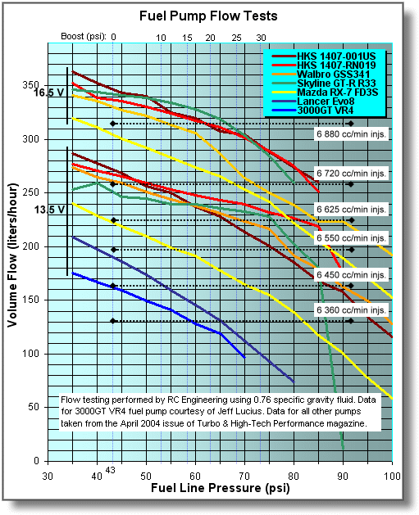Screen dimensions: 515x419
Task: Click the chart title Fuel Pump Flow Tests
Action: [208, 16]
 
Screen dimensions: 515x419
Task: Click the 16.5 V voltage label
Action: [48, 93]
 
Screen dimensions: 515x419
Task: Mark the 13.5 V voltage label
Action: [48, 210]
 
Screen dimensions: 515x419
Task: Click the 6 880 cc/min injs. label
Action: [350, 133]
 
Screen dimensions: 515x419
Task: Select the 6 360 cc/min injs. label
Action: [350, 311]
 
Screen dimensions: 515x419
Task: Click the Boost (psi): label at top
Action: [84, 37]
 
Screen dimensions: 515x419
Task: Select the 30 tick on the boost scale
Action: [261, 38]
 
